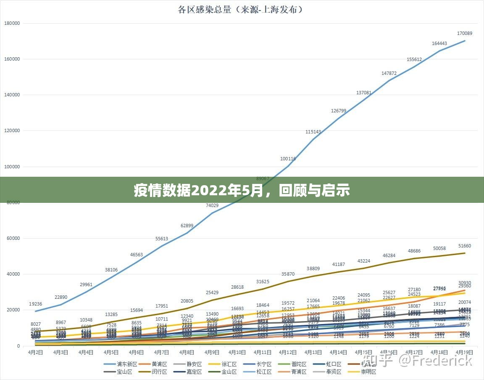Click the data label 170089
[464, 33]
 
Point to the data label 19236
[35, 304]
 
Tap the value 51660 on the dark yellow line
[464, 246]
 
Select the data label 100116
[288, 159]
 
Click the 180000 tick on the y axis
[13, 23]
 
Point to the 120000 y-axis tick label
[13, 131]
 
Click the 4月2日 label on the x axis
[35, 352]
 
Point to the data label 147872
[389, 73]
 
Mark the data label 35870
[288, 274]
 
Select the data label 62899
[187, 226]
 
